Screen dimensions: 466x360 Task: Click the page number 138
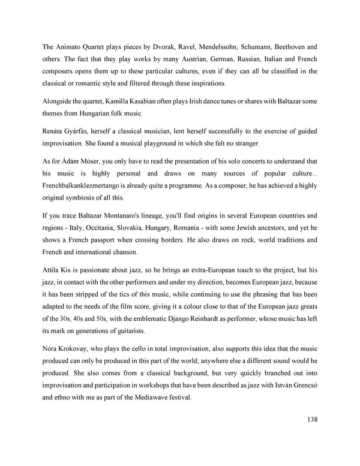point(310,419)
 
